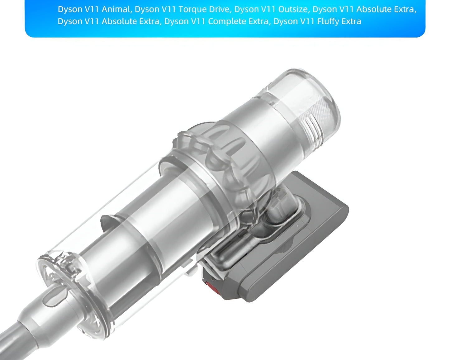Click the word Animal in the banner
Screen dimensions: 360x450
pos(116,9)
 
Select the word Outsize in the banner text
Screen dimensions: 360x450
pos(293,9)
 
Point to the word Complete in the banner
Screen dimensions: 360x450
pos(226,21)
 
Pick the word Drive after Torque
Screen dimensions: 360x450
pos(219,9)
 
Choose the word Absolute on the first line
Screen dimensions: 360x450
pos(374,9)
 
